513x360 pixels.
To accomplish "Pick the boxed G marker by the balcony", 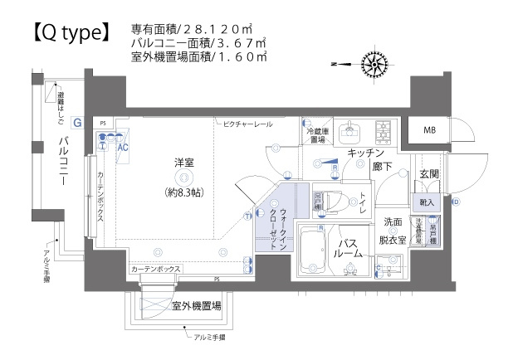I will [x=77, y=122].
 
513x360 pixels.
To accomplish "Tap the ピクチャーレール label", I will [x=247, y=124].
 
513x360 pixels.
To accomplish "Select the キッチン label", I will [x=365, y=153].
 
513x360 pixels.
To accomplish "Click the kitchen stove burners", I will [x=384, y=131].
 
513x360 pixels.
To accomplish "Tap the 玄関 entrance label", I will [x=428, y=173].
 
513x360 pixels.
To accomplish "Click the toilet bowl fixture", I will [x=335, y=200].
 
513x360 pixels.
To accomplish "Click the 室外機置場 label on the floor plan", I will [x=196, y=306].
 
